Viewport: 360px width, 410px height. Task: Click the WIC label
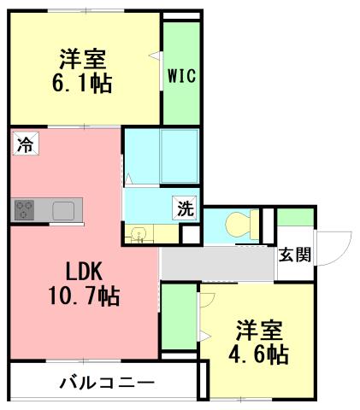181,76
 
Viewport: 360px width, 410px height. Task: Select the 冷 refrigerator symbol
26,144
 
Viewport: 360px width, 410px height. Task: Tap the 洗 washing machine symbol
186,208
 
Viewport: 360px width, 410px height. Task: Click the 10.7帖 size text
85,296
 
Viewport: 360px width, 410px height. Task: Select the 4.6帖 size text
257,353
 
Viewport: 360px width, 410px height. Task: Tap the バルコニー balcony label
106,382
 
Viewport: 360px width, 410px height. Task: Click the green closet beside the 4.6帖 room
178,316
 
